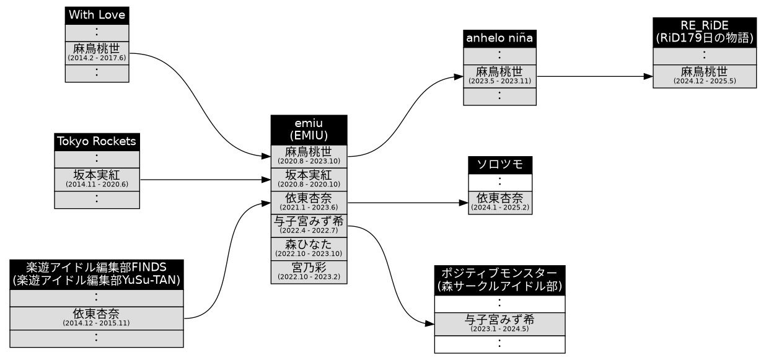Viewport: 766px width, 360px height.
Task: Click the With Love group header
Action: [x=97, y=15]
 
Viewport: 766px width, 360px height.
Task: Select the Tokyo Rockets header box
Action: [x=97, y=141]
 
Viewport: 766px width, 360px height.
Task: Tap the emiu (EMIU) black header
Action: [x=309, y=130]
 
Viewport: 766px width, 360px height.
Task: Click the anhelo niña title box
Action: [x=500, y=38]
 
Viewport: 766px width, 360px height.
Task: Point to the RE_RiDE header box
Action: [x=704, y=31]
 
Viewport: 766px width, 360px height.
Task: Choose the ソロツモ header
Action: [x=500, y=165]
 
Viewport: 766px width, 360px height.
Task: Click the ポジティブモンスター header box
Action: [x=500, y=280]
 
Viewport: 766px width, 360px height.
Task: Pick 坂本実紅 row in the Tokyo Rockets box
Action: [x=97, y=179]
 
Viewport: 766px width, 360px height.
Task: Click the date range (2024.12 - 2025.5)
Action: [x=704, y=82]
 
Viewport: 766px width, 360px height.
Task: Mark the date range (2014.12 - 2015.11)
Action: [x=97, y=323]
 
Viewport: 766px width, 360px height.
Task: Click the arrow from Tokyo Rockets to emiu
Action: [x=205, y=180]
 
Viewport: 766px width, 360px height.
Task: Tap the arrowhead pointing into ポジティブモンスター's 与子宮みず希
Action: [x=429, y=324]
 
